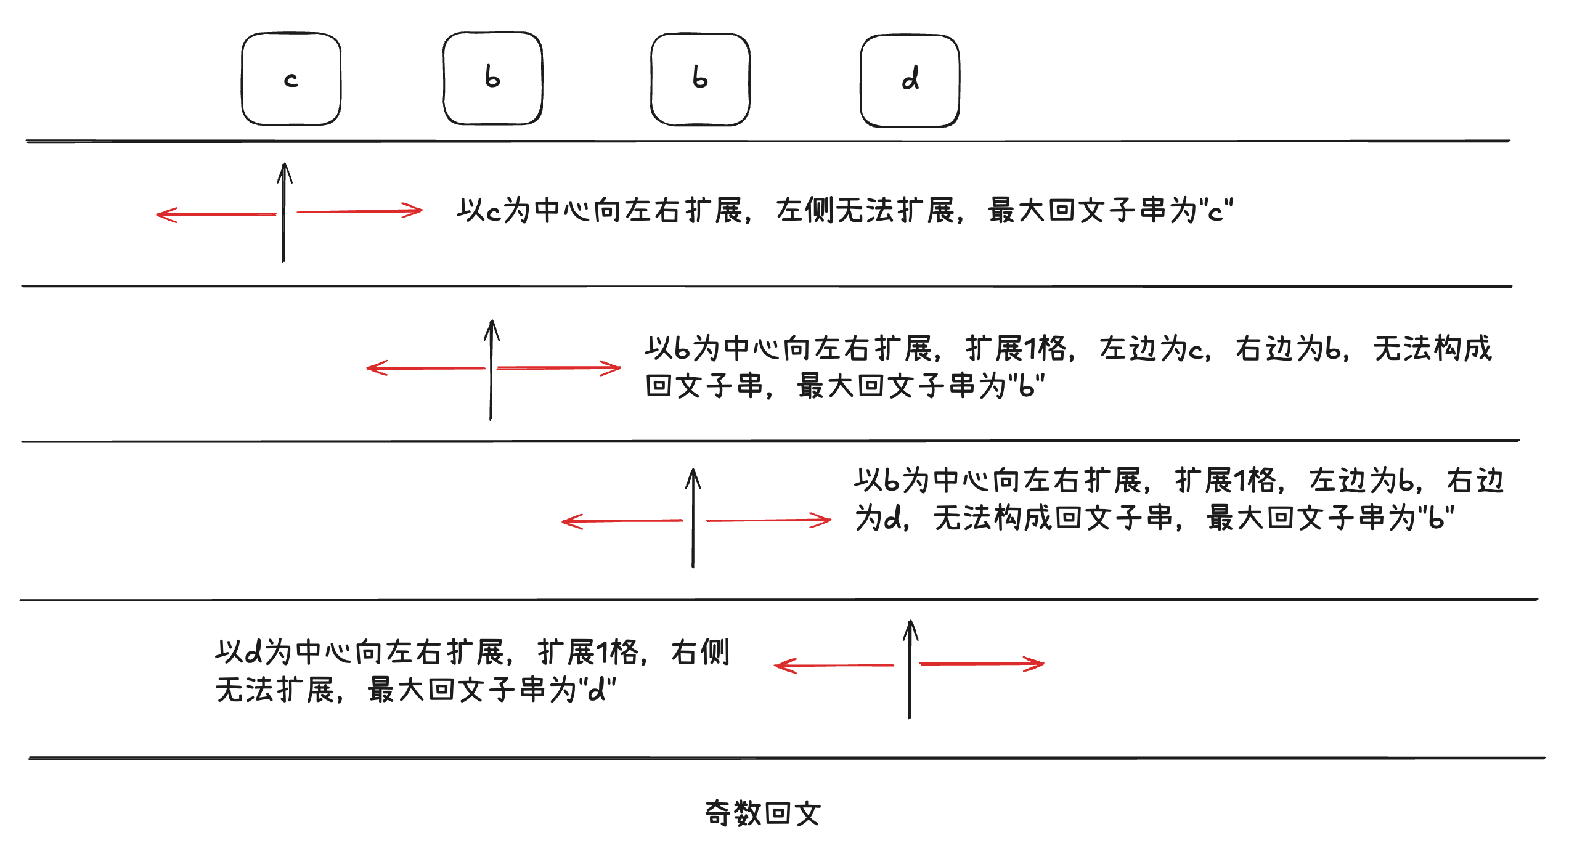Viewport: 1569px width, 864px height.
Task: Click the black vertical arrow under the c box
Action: point(283,213)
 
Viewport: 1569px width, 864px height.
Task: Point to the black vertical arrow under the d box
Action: point(910,669)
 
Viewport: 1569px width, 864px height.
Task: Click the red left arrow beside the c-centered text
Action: point(216,214)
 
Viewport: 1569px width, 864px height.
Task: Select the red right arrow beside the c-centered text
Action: point(360,211)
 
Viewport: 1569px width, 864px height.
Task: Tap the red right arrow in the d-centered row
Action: point(982,664)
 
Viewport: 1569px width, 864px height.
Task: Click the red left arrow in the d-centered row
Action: point(834,666)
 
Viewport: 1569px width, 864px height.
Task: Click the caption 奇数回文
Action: point(763,813)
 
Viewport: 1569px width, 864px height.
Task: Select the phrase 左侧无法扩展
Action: point(865,210)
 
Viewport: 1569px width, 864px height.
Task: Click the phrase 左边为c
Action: point(1151,348)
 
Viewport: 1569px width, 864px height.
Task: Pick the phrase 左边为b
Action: point(1361,480)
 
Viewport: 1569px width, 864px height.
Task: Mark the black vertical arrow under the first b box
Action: point(491,370)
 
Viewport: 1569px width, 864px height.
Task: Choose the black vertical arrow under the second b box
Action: point(693,518)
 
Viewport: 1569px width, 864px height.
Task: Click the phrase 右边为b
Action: point(1288,348)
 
